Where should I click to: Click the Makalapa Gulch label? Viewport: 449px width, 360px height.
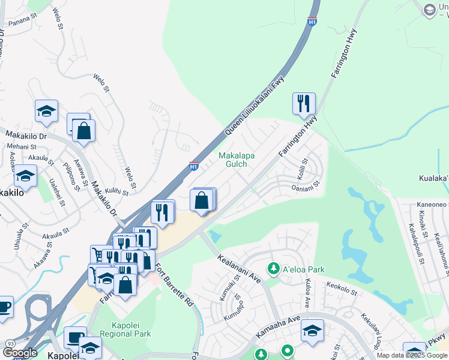236,160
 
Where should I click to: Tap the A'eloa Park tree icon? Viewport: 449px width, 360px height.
274,268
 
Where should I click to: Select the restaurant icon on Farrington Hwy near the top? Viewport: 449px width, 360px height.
304,103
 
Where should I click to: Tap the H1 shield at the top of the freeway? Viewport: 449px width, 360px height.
312,22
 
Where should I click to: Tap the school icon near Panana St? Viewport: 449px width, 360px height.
46,111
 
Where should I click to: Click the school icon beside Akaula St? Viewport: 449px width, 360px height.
25,176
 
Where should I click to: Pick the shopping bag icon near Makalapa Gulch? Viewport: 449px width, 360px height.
202,200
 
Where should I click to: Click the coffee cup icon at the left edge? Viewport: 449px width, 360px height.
4,307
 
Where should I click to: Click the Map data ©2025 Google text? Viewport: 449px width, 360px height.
411,355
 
